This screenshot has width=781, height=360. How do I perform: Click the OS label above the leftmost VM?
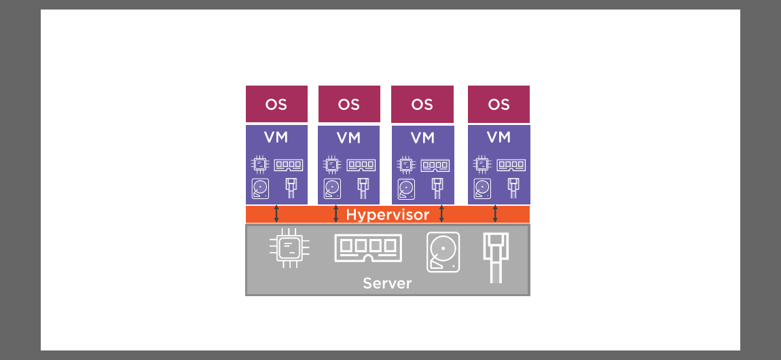(276, 105)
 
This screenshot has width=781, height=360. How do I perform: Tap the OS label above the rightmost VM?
(498, 105)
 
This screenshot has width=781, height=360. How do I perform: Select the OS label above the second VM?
(348, 105)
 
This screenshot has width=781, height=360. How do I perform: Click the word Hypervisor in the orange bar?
(388, 215)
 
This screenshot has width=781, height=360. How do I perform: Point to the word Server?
(387, 283)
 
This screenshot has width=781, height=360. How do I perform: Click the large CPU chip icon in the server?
(288, 248)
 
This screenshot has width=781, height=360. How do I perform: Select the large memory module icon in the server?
(368, 248)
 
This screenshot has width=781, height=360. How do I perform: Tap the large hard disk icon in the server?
(443, 252)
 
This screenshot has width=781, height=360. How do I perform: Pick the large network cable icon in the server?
(496, 257)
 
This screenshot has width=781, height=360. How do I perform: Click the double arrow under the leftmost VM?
(276, 214)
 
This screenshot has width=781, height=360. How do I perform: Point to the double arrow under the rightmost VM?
(495, 214)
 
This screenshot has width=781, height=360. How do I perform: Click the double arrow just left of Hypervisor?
(336, 214)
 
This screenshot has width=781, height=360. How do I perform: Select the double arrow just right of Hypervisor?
(442, 214)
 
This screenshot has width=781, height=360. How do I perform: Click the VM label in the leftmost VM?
(276, 137)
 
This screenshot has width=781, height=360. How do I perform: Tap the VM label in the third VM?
(422, 138)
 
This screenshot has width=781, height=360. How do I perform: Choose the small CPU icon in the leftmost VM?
(259, 164)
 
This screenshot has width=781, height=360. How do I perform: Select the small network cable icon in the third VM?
(437, 188)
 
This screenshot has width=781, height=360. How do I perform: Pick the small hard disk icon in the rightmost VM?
(482, 188)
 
